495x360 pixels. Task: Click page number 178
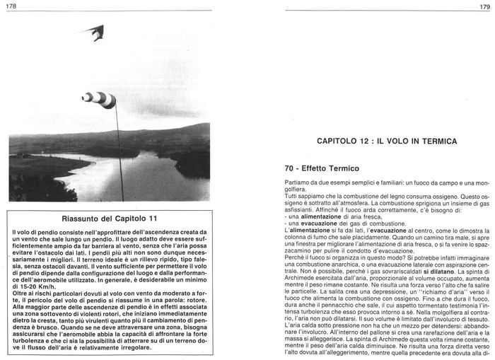(11, 6)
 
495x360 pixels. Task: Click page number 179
(484, 6)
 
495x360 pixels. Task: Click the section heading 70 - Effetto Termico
(320, 169)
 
